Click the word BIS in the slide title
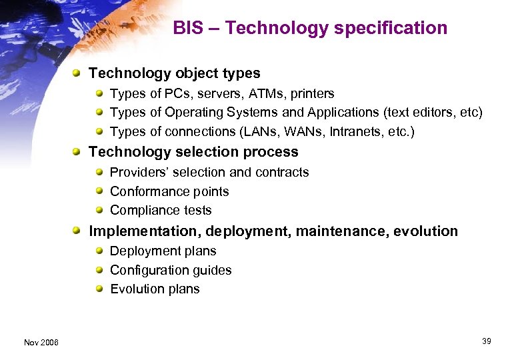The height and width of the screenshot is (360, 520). point(188,28)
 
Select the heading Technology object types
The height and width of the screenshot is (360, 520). point(174,73)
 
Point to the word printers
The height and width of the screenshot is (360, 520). point(311,94)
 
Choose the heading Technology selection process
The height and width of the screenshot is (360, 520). point(193,152)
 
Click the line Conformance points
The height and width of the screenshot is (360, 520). point(169,191)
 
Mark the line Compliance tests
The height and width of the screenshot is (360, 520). point(161,211)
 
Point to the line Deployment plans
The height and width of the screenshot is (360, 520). point(163,251)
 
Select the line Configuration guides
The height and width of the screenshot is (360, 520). point(171,270)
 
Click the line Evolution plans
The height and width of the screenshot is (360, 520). point(155,289)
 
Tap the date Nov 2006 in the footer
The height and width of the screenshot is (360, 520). point(41,343)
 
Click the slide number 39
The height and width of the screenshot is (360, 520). point(486,342)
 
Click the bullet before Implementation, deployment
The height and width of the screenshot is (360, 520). point(79,231)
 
